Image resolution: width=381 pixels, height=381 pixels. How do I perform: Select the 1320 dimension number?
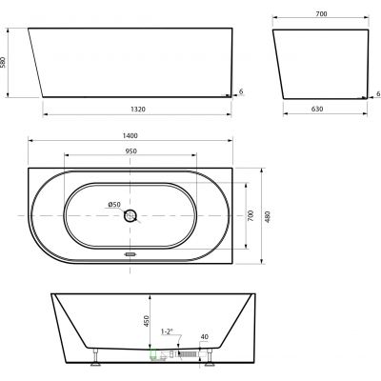(x=138, y=110)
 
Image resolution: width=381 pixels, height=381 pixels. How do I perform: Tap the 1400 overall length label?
(x=130, y=135)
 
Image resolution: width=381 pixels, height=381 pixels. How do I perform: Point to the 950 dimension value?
(x=130, y=151)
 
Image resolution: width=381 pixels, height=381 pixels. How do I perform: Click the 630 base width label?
(x=317, y=109)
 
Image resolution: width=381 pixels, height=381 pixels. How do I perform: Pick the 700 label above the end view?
(x=321, y=13)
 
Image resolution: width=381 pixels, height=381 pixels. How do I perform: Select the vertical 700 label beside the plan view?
(x=251, y=215)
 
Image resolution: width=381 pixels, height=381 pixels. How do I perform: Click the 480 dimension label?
(x=268, y=216)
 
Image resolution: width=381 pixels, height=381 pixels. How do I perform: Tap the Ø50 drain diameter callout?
(x=114, y=205)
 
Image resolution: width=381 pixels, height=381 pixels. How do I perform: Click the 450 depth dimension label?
(x=147, y=321)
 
